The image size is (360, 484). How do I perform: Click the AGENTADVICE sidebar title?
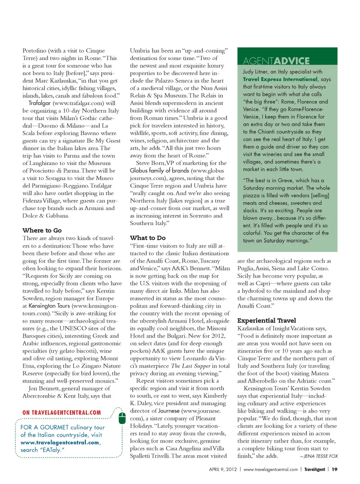(x=276, y=61)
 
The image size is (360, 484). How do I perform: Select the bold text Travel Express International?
(x=280, y=79)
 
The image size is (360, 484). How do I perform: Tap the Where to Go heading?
(x=42, y=230)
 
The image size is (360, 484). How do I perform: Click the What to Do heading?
(x=148, y=238)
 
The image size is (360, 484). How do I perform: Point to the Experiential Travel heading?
(x=267, y=320)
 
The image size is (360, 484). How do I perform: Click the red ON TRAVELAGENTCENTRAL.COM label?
(x=61, y=412)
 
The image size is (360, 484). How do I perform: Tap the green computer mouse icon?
(x=122, y=418)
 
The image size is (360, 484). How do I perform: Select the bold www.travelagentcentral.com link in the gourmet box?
(x=60, y=442)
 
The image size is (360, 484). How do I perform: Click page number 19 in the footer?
(x=334, y=469)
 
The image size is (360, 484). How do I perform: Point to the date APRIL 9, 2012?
(x=223, y=469)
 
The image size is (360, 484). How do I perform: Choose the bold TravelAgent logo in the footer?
(x=314, y=469)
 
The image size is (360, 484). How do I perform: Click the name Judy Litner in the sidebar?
(x=255, y=72)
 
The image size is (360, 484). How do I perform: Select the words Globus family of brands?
(x=159, y=171)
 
